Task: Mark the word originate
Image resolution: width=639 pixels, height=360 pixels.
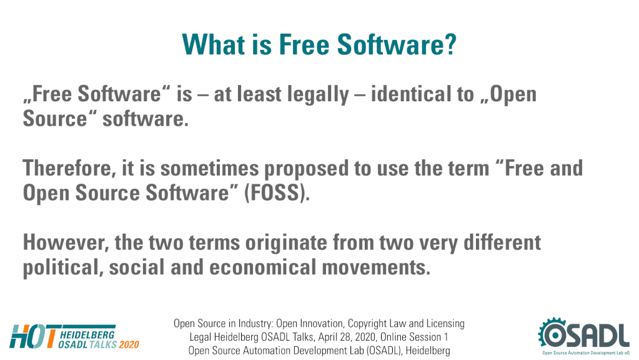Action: click(x=285, y=244)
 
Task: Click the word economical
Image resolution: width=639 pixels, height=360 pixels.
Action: click(x=263, y=267)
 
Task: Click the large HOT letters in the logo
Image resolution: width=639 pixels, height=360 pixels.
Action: click(x=32, y=337)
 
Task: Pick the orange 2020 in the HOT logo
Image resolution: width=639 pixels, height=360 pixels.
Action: click(x=129, y=344)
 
